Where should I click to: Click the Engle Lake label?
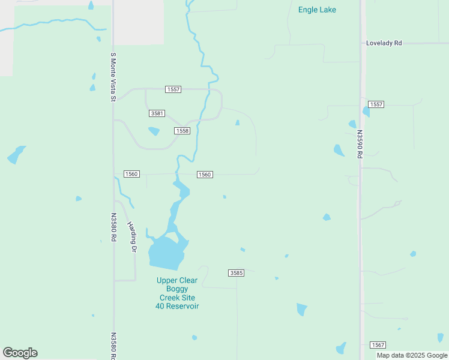click(317, 10)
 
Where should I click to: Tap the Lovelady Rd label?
click(385, 44)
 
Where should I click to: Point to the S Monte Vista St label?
click(112, 77)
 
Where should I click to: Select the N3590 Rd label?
click(360, 144)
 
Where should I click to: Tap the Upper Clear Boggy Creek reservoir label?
click(177, 293)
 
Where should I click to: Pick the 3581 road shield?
click(156, 113)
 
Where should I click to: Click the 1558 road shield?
click(182, 131)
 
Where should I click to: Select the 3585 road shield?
click(237, 273)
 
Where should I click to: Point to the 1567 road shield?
click(378, 345)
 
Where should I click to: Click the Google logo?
click(20, 353)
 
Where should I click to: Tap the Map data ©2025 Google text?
click(412, 355)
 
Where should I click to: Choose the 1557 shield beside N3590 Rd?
click(376, 104)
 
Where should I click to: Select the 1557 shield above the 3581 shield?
click(173, 89)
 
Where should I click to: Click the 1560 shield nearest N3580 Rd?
click(131, 174)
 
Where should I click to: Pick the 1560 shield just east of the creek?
click(205, 175)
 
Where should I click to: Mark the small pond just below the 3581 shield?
click(154, 131)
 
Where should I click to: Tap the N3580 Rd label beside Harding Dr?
click(112, 228)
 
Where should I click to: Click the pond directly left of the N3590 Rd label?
click(339, 150)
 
